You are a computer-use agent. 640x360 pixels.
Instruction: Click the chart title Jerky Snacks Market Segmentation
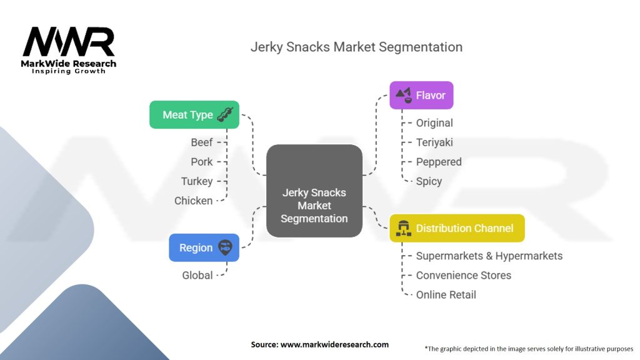point(356,47)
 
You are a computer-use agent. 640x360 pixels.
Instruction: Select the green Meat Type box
point(194,115)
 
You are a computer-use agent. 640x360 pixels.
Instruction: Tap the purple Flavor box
point(421,96)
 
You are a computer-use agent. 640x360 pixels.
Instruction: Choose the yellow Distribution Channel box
point(457,228)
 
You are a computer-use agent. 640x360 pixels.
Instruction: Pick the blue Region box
point(204,247)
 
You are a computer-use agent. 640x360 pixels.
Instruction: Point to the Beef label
point(202,142)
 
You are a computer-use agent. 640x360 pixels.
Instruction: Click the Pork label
point(202,162)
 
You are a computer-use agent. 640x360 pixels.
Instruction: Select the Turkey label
point(197,181)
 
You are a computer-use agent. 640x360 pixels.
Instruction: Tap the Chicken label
point(194,201)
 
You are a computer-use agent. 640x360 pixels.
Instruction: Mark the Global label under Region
point(197,275)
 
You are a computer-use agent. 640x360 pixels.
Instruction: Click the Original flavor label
point(434,123)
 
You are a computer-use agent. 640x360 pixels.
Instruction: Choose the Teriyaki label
point(434,142)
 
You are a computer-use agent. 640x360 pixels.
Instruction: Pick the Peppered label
point(439,162)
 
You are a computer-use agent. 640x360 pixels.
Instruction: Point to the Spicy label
point(429,181)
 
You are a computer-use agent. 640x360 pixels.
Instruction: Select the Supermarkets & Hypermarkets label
point(489,256)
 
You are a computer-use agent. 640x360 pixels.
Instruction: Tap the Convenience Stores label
point(464,275)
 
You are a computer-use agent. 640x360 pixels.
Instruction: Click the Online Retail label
point(446,294)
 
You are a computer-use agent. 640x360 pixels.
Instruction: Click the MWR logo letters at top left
point(69,42)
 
